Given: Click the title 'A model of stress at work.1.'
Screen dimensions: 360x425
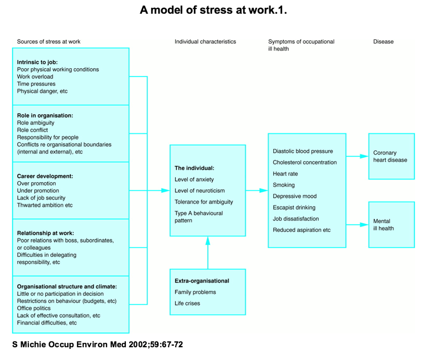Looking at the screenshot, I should click(x=213, y=11).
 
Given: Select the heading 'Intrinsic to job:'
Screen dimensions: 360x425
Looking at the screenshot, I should click(x=37, y=62).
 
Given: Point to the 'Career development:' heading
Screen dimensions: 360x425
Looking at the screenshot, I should click(x=45, y=176).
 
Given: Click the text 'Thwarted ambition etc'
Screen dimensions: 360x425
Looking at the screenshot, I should click(x=45, y=205).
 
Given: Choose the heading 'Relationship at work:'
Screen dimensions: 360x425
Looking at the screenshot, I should click(x=45, y=233).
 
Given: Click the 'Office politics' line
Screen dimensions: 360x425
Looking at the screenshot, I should click(x=34, y=308).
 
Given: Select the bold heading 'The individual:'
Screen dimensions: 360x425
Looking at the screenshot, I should click(x=194, y=168).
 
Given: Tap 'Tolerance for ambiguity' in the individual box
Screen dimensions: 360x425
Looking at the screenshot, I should click(x=203, y=202).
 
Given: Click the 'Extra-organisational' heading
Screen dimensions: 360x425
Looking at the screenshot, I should click(x=202, y=281).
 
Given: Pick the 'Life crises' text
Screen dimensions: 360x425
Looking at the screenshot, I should click(x=187, y=304).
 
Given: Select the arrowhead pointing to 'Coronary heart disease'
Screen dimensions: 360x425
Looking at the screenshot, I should click(x=364, y=156).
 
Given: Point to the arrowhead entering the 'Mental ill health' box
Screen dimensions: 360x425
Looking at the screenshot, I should click(x=364, y=225).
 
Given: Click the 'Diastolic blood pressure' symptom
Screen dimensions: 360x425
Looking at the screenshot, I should click(x=303, y=151).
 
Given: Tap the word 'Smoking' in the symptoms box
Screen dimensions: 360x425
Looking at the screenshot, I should click(x=284, y=185).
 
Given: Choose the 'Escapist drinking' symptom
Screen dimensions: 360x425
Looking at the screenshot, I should click(x=294, y=208).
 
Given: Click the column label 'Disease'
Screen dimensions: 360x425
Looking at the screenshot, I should click(x=383, y=42).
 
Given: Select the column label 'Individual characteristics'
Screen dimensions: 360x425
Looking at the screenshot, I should click(x=205, y=42).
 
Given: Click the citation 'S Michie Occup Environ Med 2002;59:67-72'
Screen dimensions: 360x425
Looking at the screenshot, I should click(x=98, y=344).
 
